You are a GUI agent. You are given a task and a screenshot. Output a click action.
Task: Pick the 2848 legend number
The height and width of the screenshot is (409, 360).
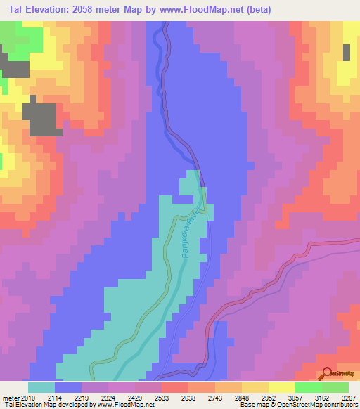[x=242, y=398]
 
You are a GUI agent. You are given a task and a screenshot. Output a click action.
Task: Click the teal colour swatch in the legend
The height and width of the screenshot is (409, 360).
[x=41, y=387]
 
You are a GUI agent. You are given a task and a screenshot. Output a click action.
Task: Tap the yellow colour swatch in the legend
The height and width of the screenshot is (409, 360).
[x=281, y=387]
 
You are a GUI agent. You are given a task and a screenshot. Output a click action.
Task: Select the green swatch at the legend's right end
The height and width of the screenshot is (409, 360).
[x=335, y=387]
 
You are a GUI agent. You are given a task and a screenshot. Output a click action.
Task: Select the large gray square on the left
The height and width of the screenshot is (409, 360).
[x=42, y=118]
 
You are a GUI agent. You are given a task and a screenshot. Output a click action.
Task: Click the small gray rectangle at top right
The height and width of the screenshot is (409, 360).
[x=347, y=52]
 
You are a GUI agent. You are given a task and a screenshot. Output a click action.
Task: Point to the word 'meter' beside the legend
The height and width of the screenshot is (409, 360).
[x=12, y=398]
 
